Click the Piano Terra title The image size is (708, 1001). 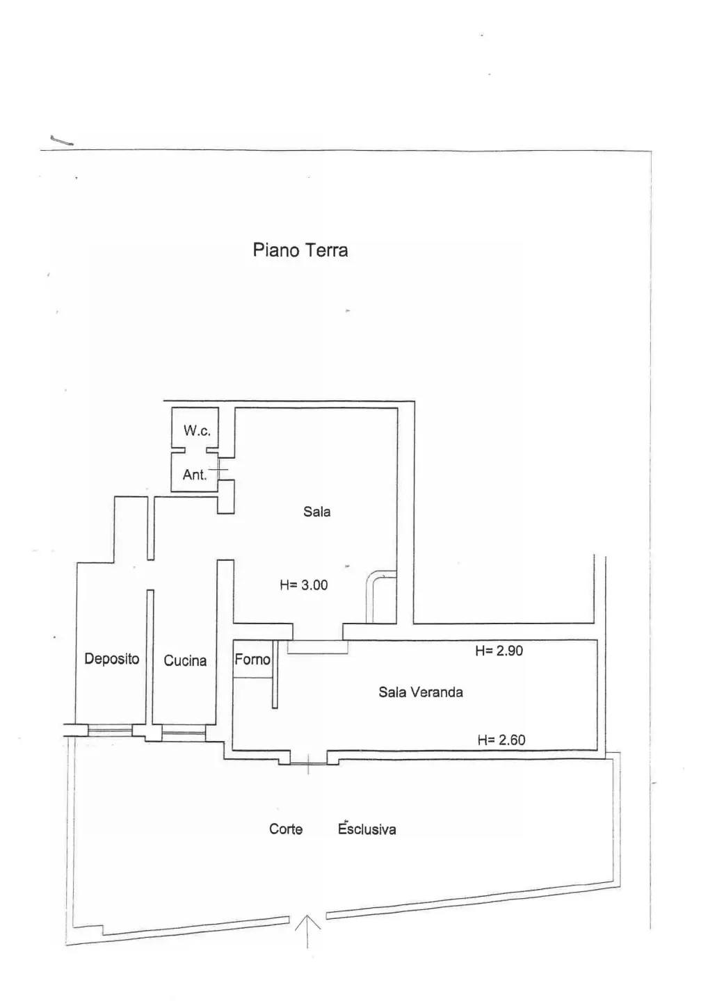coord(300,250)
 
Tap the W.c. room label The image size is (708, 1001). coord(197,430)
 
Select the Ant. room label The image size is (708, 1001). coord(195,475)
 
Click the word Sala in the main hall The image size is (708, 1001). coord(317,511)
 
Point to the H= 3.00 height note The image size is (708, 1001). coord(304,585)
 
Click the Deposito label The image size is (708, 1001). coord(112,659)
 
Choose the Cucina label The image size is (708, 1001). coord(185,660)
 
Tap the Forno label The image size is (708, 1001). coord(252,659)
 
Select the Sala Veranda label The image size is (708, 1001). coord(421,692)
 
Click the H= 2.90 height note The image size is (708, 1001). coord(499,651)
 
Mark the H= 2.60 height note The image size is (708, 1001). coord(501,740)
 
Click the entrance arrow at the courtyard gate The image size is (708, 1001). coord(307,931)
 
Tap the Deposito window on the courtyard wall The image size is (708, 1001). coord(110,730)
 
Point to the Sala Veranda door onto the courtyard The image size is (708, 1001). coord(308,763)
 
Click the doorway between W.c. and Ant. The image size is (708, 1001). coord(195,450)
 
